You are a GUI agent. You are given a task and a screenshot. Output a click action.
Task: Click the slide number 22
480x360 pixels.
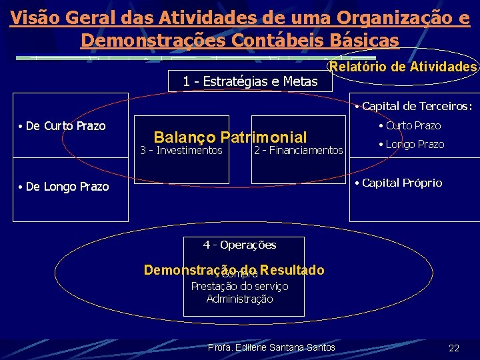454,348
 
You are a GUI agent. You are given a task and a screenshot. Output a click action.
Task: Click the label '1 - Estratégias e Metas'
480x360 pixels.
249,82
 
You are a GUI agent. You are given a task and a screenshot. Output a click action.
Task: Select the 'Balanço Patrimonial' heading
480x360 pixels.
230,137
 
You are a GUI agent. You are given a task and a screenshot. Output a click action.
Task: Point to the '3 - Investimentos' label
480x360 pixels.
181,151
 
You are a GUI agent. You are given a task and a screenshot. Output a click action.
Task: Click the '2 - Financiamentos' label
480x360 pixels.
298,151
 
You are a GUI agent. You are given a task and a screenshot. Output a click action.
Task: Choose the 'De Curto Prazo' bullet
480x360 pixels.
65,126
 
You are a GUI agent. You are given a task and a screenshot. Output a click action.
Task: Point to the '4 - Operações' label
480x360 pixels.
239,245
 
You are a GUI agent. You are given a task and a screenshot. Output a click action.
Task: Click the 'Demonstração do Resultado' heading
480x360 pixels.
234,270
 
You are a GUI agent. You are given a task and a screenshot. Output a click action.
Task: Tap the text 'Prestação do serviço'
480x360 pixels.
239,286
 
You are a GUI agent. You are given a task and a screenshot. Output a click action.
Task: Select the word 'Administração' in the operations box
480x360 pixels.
239,299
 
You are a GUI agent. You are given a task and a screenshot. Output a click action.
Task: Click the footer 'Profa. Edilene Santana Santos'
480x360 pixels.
271,348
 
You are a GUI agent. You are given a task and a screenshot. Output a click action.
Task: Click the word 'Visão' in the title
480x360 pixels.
33,17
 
